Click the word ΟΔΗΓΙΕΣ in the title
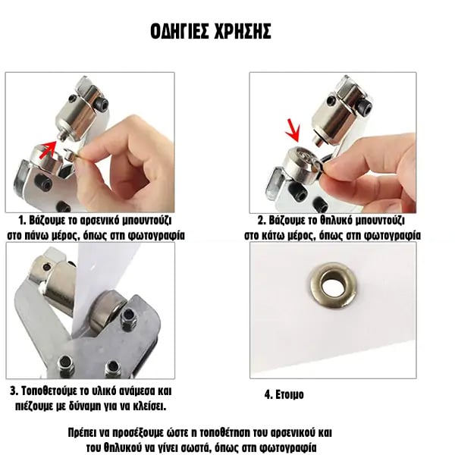180,31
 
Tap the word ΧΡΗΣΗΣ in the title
242,31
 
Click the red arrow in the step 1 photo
48,149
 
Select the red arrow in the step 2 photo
293,130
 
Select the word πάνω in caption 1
36,235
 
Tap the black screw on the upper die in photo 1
102,102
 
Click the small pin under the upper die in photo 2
318,141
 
